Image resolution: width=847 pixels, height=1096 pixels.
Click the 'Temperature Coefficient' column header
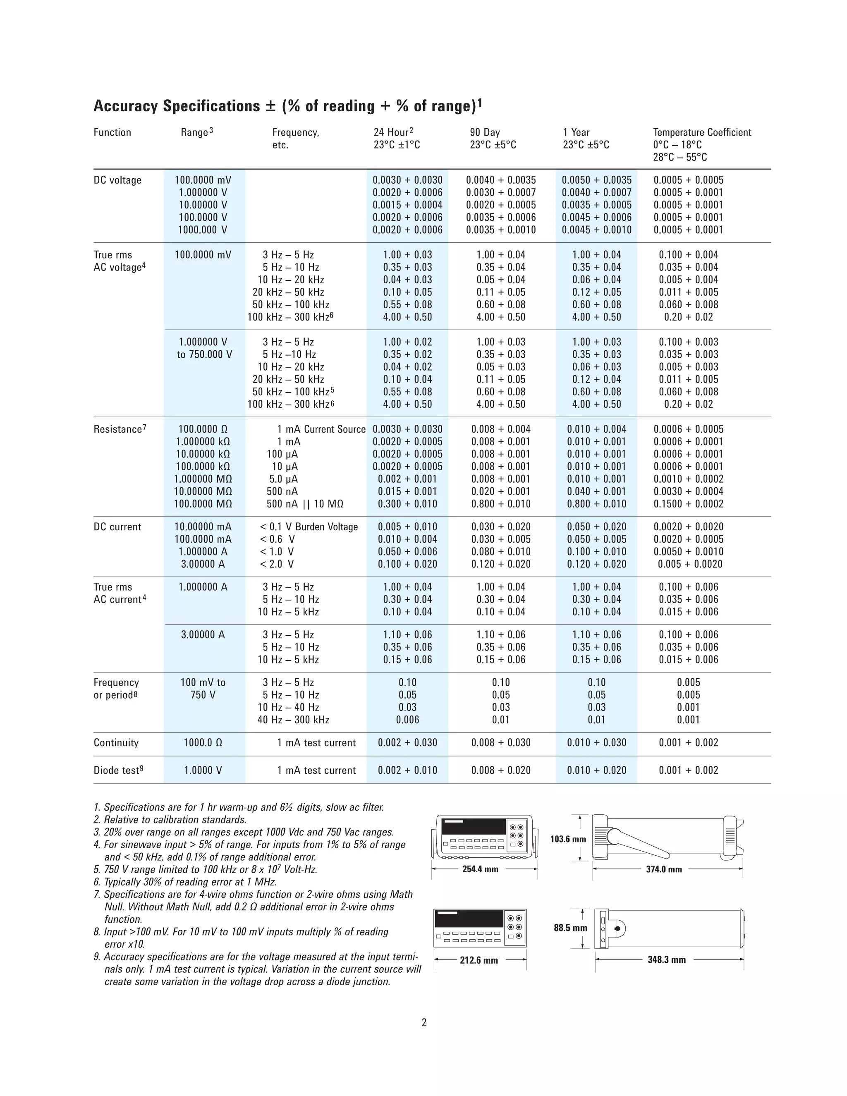701,132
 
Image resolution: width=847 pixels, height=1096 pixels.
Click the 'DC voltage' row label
117,180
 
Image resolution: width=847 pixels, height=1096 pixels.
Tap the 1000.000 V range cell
203,230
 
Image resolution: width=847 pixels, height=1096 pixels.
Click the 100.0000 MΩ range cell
203,504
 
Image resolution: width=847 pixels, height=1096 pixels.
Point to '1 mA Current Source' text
321,429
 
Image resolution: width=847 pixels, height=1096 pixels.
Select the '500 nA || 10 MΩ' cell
304,504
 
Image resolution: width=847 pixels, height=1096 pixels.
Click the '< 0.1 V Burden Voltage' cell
309,527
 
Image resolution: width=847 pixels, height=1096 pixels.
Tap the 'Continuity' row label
116,743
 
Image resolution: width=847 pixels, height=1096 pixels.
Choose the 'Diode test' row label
116,771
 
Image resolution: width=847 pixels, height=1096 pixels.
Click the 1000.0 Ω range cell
203,743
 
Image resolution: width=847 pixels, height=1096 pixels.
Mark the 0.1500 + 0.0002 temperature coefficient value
688,504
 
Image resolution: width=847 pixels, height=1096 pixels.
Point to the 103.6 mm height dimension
567,839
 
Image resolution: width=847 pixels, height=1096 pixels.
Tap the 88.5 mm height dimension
570,928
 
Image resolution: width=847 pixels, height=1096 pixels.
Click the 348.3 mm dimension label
666,960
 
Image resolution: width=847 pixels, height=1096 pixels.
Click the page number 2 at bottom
424,1023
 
